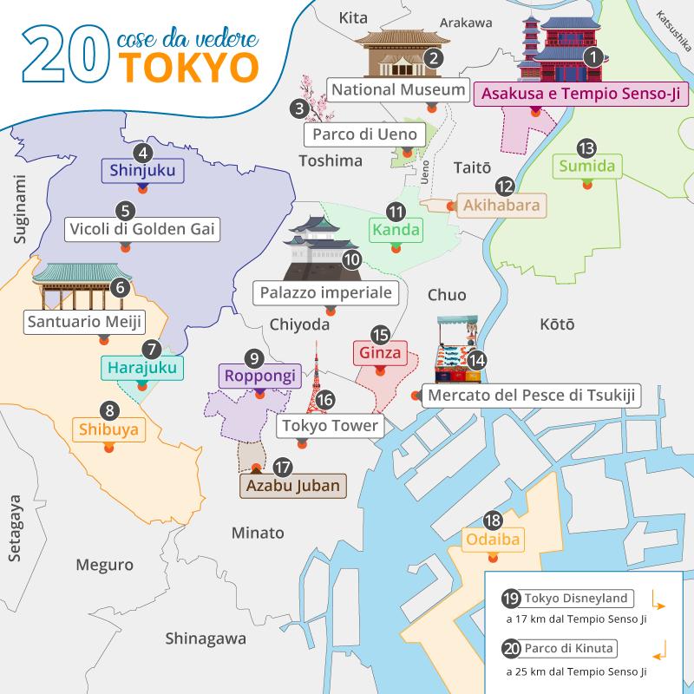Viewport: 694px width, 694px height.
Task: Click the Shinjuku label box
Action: click(143, 171)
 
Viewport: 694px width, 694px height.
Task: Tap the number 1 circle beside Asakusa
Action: click(593, 58)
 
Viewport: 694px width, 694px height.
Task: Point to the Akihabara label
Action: click(501, 206)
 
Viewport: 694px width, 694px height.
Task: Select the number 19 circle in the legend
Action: click(511, 599)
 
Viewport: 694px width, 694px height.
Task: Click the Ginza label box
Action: click(379, 354)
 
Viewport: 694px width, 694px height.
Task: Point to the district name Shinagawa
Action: click(206, 638)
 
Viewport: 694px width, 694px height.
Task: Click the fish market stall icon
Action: click(456, 351)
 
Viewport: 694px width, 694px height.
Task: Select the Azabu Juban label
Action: click(292, 485)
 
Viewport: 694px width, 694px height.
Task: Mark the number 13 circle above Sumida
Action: click(587, 147)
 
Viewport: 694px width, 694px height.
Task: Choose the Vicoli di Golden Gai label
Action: click(141, 230)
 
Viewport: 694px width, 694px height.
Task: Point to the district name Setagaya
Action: click(15, 529)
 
